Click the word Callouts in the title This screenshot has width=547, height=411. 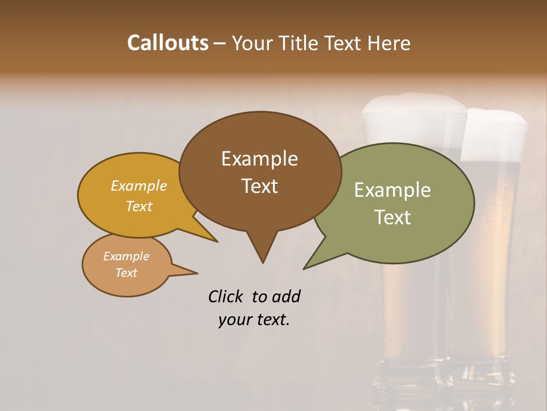click(x=168, y=43)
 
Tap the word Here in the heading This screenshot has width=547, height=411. click(x=389, y=43)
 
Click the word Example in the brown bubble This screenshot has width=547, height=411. click(x=259, y=159)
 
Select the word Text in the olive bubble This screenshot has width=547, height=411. click(x=393, y=217)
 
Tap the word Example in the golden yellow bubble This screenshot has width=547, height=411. click(x=139, y=186)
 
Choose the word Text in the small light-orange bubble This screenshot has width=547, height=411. click(x=126, y=273)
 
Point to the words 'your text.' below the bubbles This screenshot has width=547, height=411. click(x=254, y=320)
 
